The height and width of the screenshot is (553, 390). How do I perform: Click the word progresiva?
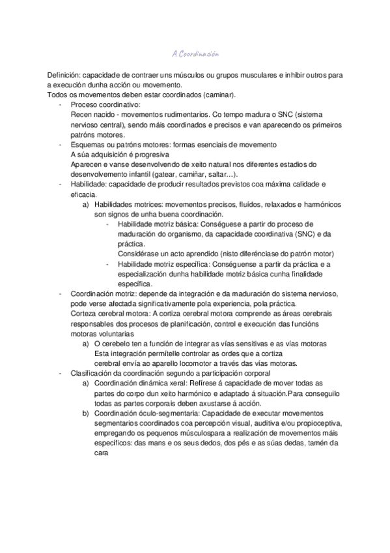[151, 155]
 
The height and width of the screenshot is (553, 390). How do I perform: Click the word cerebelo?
[122, 343]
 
